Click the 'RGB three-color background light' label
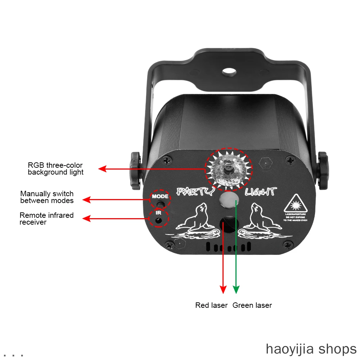55,169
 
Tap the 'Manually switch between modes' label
47,197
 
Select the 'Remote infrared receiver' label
46,219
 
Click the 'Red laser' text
211,305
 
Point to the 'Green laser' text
252,305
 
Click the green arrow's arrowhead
236,289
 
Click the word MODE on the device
160,197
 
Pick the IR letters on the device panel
158,212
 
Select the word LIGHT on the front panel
261,192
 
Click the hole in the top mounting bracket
229,72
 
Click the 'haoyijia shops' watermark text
311,349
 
